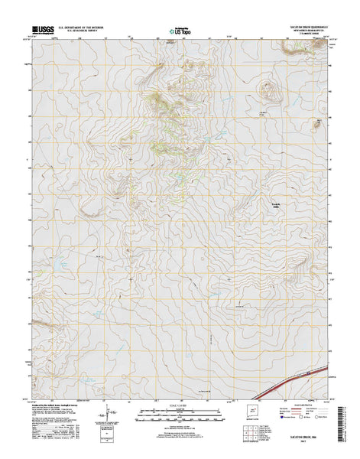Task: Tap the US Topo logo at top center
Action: pos(180,33)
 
